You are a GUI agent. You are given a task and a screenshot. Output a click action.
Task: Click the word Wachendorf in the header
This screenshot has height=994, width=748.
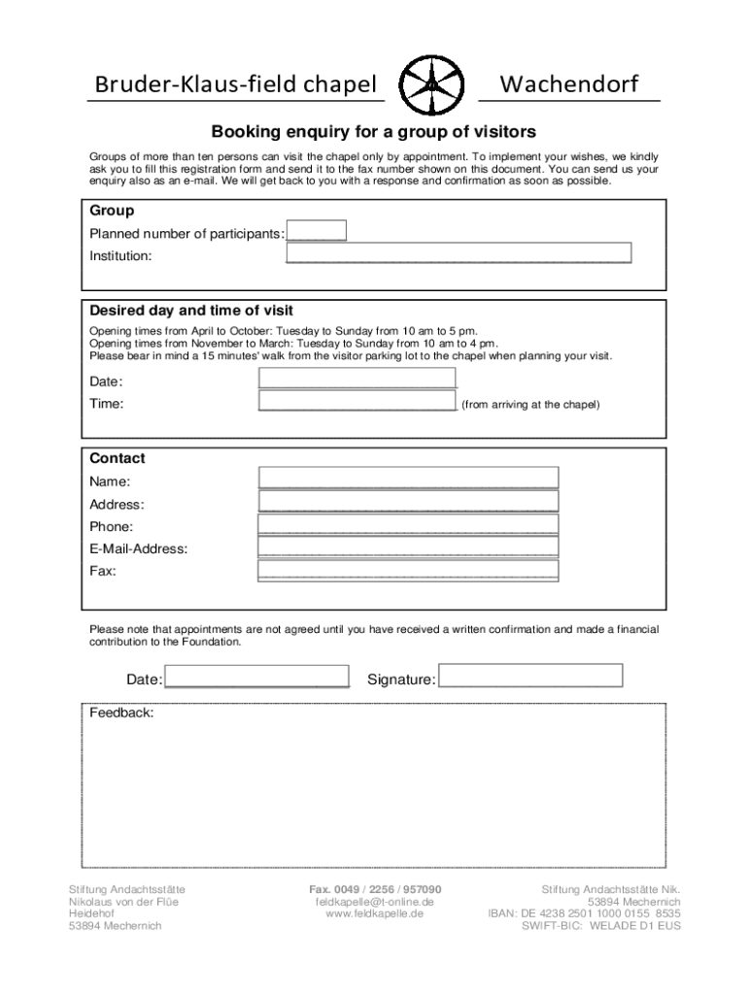coord(569,85)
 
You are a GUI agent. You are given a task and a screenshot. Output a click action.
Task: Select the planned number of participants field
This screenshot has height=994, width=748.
coord(317,232)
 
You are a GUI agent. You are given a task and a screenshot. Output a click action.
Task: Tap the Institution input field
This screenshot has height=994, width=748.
coord(459,254)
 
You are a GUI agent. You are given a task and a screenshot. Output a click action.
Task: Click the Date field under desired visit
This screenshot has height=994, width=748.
coord(357,379)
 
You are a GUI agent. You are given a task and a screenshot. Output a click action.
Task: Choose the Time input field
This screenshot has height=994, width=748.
coord(357,402)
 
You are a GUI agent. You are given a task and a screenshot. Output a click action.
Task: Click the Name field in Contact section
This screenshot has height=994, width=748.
coord(408,478)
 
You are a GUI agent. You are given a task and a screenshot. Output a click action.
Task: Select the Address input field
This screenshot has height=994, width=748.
coord(408,501)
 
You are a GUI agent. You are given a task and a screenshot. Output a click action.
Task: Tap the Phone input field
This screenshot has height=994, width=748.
coord(408,524)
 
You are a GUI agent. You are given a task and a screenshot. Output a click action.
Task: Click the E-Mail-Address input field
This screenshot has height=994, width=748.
coord(408,547)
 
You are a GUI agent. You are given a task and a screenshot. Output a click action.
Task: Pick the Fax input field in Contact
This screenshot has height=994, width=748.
coord(408,570)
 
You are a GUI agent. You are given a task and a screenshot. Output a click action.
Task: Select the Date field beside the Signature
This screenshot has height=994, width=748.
coord(256,677)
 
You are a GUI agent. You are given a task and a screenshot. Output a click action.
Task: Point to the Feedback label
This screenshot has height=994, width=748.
coord(121,712)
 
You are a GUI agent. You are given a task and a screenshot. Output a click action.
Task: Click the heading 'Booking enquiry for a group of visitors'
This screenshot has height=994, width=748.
coord(374,130)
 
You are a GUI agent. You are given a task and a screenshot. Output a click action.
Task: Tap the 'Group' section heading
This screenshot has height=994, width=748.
coord(112,211)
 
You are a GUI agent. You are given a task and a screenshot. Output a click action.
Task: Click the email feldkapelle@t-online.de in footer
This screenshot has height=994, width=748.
coord(374,902)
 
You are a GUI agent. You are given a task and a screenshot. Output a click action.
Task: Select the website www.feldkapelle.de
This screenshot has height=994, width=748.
coord(374,914)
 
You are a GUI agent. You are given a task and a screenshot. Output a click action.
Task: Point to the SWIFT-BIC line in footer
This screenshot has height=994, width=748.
coord(601,926)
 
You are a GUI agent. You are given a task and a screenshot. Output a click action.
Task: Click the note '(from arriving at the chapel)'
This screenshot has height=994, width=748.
coord(530,404)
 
